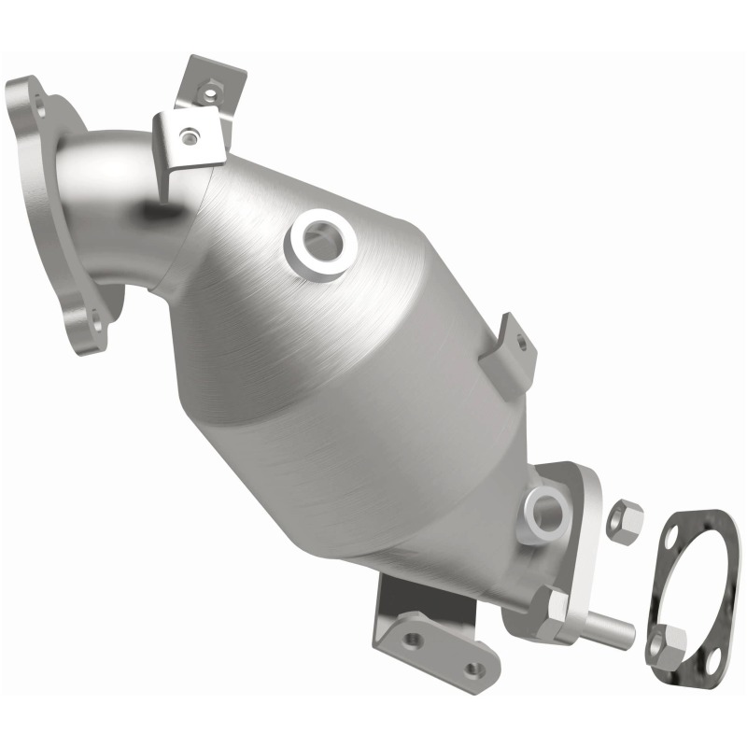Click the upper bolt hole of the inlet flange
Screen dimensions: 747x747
pos(37,94)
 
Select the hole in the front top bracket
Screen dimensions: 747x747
pos(190,138)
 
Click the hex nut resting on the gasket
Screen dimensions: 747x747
pos(666,644)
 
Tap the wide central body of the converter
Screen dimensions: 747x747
pos(373,373)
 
